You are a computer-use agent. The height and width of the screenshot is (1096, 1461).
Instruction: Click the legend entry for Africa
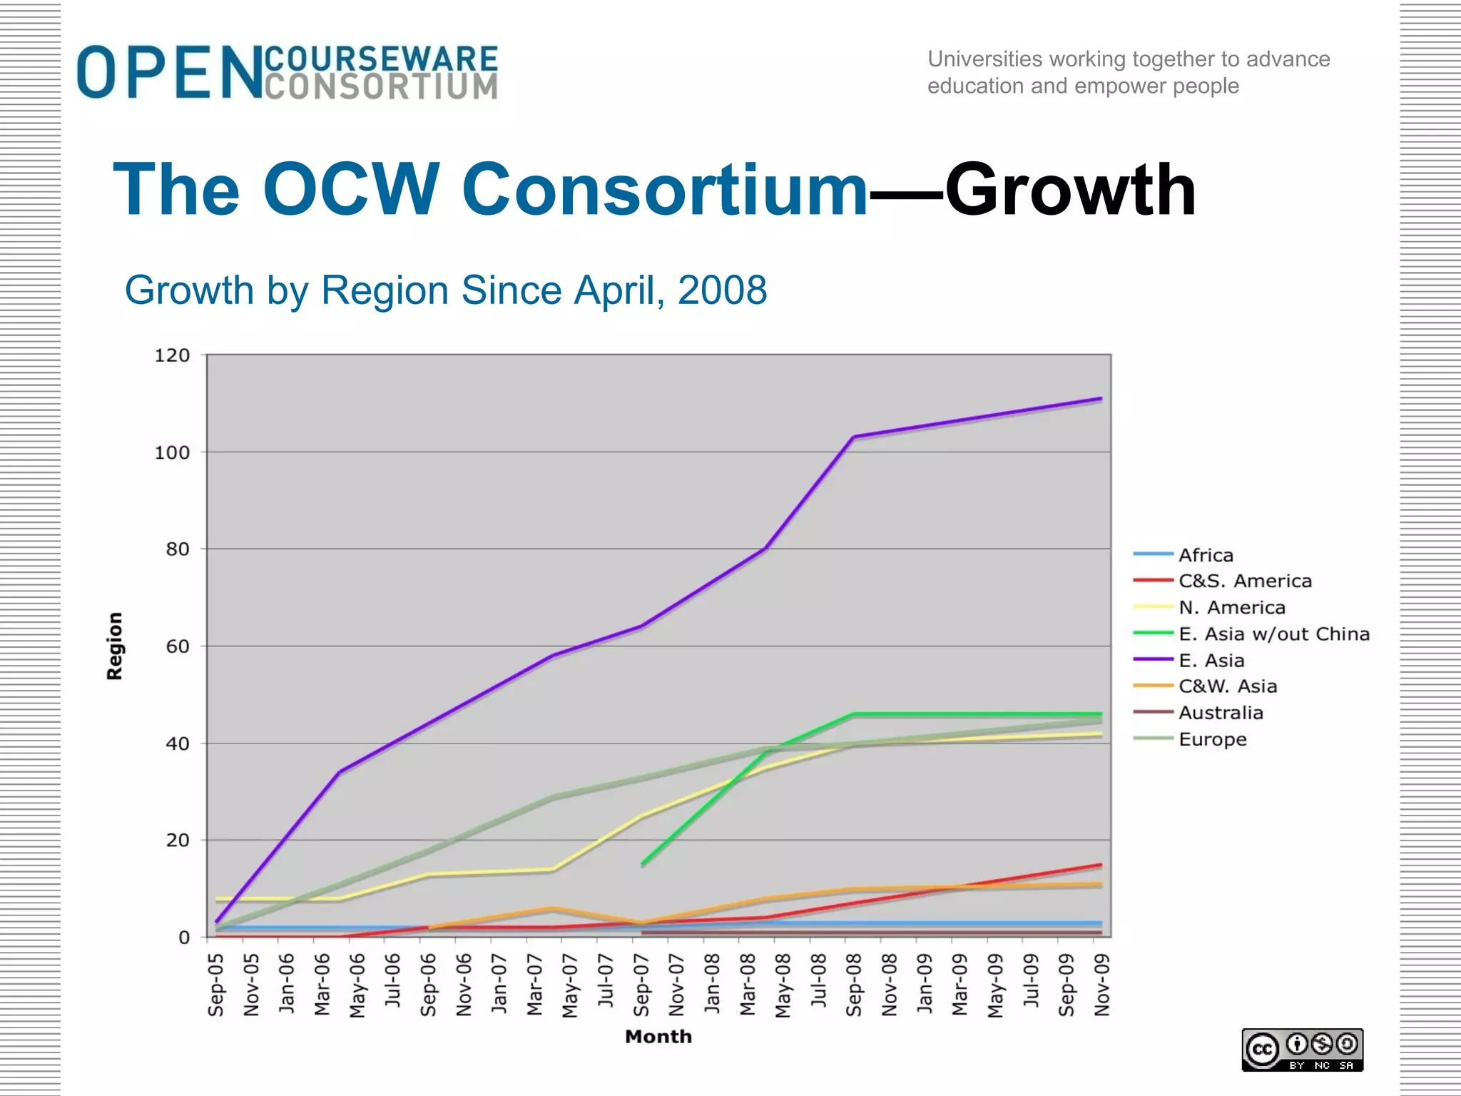1206,555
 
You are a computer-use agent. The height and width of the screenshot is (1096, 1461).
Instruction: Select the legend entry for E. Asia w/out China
1273,634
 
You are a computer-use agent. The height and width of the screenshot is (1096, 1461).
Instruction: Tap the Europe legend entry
1212,739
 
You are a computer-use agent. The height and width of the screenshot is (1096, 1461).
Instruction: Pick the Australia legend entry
1220,713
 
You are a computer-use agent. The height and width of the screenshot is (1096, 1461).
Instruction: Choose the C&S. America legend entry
1245,581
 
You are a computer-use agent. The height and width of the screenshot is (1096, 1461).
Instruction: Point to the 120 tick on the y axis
172,355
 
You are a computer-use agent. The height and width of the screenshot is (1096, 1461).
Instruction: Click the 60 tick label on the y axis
178,646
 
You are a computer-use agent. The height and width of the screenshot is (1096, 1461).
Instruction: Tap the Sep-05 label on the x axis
215,985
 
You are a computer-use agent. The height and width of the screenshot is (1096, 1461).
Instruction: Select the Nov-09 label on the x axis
1102,985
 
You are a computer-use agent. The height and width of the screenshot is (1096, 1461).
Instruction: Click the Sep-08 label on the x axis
854,985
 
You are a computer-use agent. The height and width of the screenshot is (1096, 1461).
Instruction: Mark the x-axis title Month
658,1037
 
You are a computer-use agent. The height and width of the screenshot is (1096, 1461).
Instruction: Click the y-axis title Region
115,646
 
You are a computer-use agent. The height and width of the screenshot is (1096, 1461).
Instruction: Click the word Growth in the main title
1070,190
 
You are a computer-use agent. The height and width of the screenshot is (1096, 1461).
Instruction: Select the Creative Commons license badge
1302,1049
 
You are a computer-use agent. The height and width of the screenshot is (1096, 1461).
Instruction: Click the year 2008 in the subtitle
722,290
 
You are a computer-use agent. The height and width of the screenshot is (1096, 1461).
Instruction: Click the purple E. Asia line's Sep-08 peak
854,437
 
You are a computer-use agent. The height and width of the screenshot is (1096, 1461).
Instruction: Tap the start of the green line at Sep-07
643,864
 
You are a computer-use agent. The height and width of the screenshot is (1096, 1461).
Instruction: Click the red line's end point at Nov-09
1101,865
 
